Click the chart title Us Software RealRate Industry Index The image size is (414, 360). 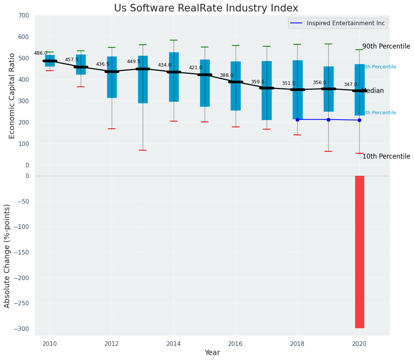click(x=206, y=8)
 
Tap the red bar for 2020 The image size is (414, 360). click(x=359, y=252)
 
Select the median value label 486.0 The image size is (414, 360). click(x=41, y=54)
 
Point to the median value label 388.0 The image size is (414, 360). click(x=227, y=76)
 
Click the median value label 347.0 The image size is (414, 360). click(x=350, y=85)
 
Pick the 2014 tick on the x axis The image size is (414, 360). click(x=174, y=344)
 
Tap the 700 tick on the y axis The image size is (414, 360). click(x=24, y=16)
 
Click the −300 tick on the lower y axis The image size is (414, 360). click(x=21, y=329)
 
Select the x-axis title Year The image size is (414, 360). click(x=212, y=353)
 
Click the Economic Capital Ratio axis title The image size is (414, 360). click(x=12, y=96)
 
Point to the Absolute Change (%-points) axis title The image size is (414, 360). click(x=7, y=256)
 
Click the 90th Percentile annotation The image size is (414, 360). click(x=386, y=47)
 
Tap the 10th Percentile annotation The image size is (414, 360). click(x=386, y=157)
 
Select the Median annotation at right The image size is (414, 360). click(x=373, y=91)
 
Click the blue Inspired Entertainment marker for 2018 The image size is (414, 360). click(x=297, y=120)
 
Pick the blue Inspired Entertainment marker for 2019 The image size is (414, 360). click(x=328, y=120)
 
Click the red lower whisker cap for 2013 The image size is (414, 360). click(x=143, y=150)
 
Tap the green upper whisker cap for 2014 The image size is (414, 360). click(x=174, y=40)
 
